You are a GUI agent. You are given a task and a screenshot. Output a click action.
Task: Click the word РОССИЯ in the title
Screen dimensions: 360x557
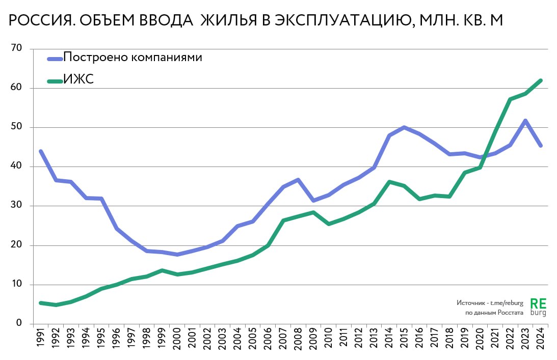click(x=36, y=21)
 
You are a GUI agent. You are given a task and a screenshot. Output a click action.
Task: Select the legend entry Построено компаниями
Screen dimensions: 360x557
click(x=132, y=57)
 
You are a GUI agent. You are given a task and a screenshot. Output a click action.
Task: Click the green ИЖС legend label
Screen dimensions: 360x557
click(x=78, y=79)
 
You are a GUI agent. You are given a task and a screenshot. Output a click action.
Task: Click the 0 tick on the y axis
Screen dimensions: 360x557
click(x=19, y=323)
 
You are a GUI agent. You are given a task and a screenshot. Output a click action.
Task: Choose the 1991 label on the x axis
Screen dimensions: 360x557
click(x=41, y=339)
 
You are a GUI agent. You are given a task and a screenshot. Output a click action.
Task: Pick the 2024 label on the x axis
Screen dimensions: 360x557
click(x=541, y=339)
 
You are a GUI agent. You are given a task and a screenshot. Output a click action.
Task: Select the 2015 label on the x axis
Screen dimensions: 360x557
click(x=405, y=339)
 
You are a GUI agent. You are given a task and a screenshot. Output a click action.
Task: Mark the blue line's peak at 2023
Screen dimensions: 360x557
click(x=525, y=121)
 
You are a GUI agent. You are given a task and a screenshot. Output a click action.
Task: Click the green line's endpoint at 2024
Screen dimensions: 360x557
click(x=540, y=80)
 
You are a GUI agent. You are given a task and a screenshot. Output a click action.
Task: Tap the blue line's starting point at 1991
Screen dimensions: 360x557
click(x=41, y=151)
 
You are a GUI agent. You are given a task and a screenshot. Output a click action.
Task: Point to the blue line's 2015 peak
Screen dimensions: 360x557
click(x=404, y=127)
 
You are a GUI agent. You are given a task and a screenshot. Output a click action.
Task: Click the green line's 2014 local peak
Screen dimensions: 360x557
click(x=389, y=182)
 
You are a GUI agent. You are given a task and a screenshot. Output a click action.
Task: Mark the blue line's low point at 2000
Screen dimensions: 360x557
click(x=177, y=255)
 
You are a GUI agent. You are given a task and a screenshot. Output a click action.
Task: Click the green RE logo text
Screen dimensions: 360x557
click(x=538, y=303)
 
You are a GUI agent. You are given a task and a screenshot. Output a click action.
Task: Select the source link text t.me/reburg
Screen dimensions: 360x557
click(x=507, y=302)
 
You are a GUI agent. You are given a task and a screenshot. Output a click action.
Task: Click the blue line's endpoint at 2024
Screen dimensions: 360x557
click(x=540, y=146)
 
